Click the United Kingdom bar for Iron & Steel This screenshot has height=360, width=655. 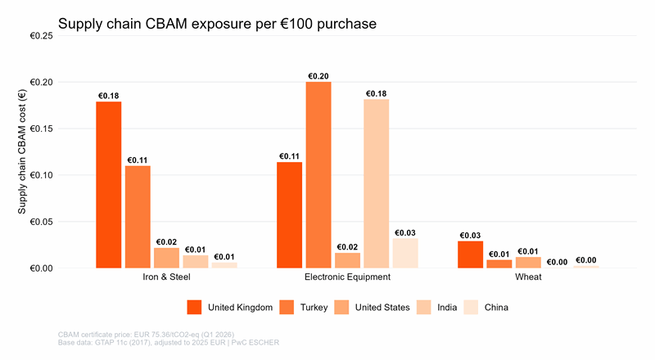point(108,185)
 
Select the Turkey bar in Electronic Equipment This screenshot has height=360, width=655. point(318,175)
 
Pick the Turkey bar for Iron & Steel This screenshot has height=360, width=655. point(138,217)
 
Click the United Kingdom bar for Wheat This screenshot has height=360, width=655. point(470,254)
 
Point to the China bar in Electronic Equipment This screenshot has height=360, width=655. point(405,254)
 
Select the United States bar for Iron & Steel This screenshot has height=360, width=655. point(166,258)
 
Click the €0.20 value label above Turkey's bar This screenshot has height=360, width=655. point(318,76)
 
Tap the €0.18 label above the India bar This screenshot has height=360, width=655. point(376,94)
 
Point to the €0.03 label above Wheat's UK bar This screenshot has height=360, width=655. point(470,236)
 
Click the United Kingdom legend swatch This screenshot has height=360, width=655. point(194,308)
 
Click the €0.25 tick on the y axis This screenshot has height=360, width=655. point(41,36)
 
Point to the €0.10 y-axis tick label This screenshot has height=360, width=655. point(41,175)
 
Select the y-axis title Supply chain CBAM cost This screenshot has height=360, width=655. point(23,152)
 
